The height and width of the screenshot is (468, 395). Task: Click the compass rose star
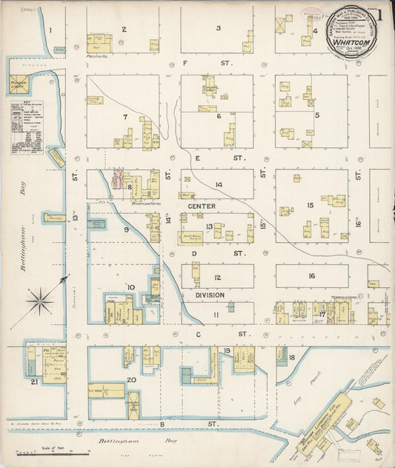pos(40,301)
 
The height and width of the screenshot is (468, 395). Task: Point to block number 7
pos(126,117)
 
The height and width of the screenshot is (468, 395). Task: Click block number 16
pos(312,276)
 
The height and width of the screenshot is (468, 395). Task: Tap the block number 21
pos(34,381)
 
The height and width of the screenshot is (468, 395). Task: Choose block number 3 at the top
pos(218,28)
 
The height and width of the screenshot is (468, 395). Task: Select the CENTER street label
pos(201,205)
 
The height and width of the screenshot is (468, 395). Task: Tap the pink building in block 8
pos(117,179)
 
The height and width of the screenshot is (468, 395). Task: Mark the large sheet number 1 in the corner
pos(380,14)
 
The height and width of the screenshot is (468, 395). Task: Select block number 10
pos(130,287)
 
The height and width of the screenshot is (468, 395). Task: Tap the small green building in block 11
pos(230,306)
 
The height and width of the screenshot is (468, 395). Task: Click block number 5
pos(317,115)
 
